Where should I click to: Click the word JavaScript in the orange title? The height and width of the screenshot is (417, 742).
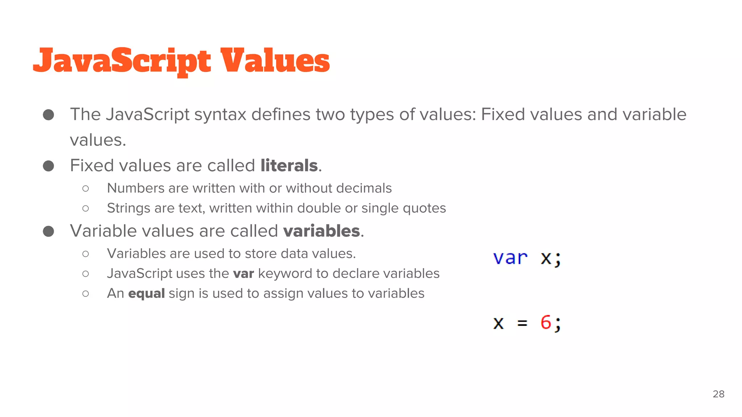point(122,61)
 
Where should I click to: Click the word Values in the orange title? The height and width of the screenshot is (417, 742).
point(275,61)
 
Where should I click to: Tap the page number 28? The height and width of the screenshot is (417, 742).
point(718,394)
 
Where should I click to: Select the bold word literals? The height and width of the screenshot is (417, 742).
point(289,166)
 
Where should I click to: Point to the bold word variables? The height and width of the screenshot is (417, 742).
point(321,231)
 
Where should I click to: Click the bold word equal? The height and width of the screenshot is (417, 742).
point(146,293)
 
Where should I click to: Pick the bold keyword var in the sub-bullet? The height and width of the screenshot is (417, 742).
point(243,274)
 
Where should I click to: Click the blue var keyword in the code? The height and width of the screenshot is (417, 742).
point(510,258)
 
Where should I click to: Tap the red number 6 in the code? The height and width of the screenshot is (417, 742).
point(546,322)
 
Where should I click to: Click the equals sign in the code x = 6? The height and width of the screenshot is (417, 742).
point(522,323)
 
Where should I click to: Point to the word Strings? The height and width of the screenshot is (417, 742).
point(128,208)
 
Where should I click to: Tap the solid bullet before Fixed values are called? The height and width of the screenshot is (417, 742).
point(49,166)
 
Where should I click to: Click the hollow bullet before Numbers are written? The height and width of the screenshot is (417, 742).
point(86,188)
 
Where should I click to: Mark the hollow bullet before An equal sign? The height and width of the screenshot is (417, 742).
point(86,294)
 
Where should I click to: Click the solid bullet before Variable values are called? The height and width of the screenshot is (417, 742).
point(49,231)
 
